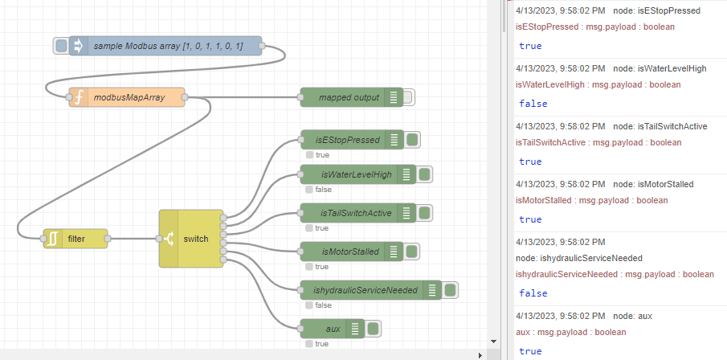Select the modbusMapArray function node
[x=129, y=97]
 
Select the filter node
[x=76, y=239]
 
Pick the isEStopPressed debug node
[x=347, y=140]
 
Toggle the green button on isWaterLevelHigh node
[x=425, y=174]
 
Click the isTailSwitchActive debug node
[x=356, y=213]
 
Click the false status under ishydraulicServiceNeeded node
[x=323, y=305]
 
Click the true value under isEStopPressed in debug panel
[x=530, y=46]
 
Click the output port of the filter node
[x=108, y=239]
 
